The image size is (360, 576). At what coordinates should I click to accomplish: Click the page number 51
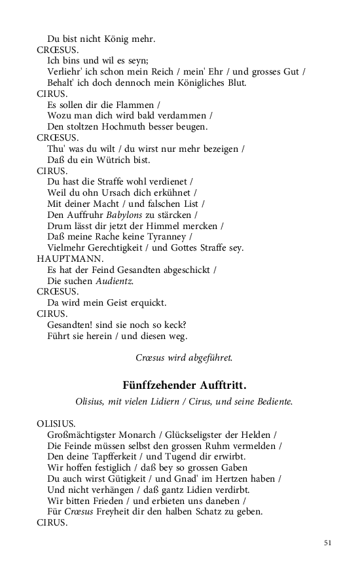pyautogui.click(x=328, y=543)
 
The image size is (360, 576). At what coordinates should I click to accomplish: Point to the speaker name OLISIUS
pyautogui.click(x=56, y=423)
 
